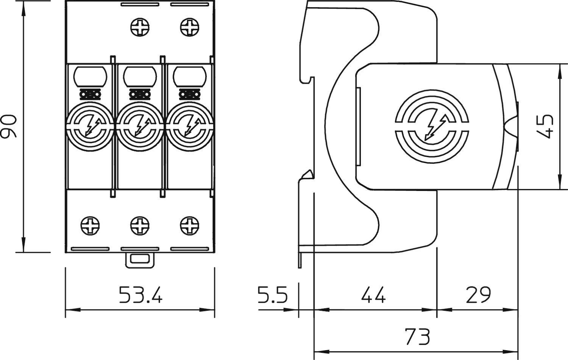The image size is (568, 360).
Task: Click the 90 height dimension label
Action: pyautogui.click(x=8, y=127)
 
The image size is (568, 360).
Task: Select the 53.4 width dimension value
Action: pyautogui.click(x=140, y=295)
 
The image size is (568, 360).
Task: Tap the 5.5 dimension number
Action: pyautogui.click(x=273, y=295)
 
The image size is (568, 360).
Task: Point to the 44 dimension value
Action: pyautogui.click(x=373, y=295)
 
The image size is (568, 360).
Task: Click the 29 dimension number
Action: pyautogui.click(x=478, y=295)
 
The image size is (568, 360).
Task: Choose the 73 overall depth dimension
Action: pyautogui.click(x=417, y=337)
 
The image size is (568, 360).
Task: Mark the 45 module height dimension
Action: pyautogui.click(x=545, y=127)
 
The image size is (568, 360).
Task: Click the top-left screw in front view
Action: pyautogui.click(x=140, y=27)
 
